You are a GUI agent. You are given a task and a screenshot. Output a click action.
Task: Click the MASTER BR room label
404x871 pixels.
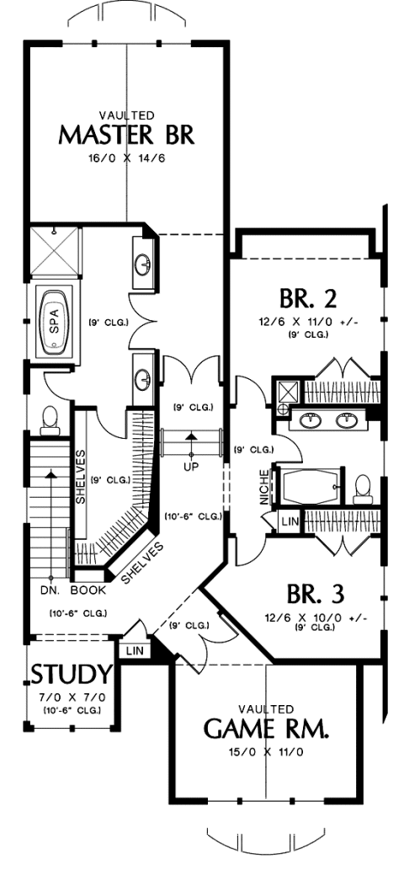pyautogui.click(x=126, y=136)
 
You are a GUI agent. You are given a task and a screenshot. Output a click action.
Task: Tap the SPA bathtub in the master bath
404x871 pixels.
pyautogui.click(x=54, y=320)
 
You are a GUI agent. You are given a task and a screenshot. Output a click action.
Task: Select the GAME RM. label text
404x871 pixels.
pyautogui.click(x=266, y=729)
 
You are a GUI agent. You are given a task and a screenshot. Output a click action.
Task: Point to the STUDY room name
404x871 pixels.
pyautogui.click(x=72, y=674)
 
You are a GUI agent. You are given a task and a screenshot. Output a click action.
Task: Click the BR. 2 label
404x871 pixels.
pyautogui.click(x=308, y=299)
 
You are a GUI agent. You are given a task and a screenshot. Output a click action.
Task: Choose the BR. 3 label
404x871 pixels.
pyautogui.click(x=316, y=593)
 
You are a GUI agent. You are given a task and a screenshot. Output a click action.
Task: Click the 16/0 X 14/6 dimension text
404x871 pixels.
pyautogui.click(x=127, y=158)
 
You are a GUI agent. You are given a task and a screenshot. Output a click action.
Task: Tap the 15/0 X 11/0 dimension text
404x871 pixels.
pyautogui.click(x=266, y=753)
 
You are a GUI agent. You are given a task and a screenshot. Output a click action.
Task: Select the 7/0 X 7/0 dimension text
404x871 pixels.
pyautogui.click(x=72, y=697)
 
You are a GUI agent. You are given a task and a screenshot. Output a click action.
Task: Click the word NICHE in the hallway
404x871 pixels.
pyautogui.click(x=264, y=487)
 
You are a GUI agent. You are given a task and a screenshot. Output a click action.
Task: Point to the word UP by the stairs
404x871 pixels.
pyautogui.click(x=191, y=466)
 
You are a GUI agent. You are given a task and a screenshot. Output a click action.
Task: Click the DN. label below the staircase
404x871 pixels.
pyautogui.click(x=51, y=590)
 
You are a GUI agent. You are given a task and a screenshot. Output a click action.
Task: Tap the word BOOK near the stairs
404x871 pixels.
pyautogui.click(x=88, y=590)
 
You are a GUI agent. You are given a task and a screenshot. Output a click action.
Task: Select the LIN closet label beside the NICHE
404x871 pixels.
pyautogui.click(x=290, y=522)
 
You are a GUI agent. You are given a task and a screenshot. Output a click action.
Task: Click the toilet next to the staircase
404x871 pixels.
pyautogui.click(x=50, y=419)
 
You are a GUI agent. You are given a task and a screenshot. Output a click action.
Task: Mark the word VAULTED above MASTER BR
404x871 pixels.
pyautogui.click(x=126, y=115)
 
